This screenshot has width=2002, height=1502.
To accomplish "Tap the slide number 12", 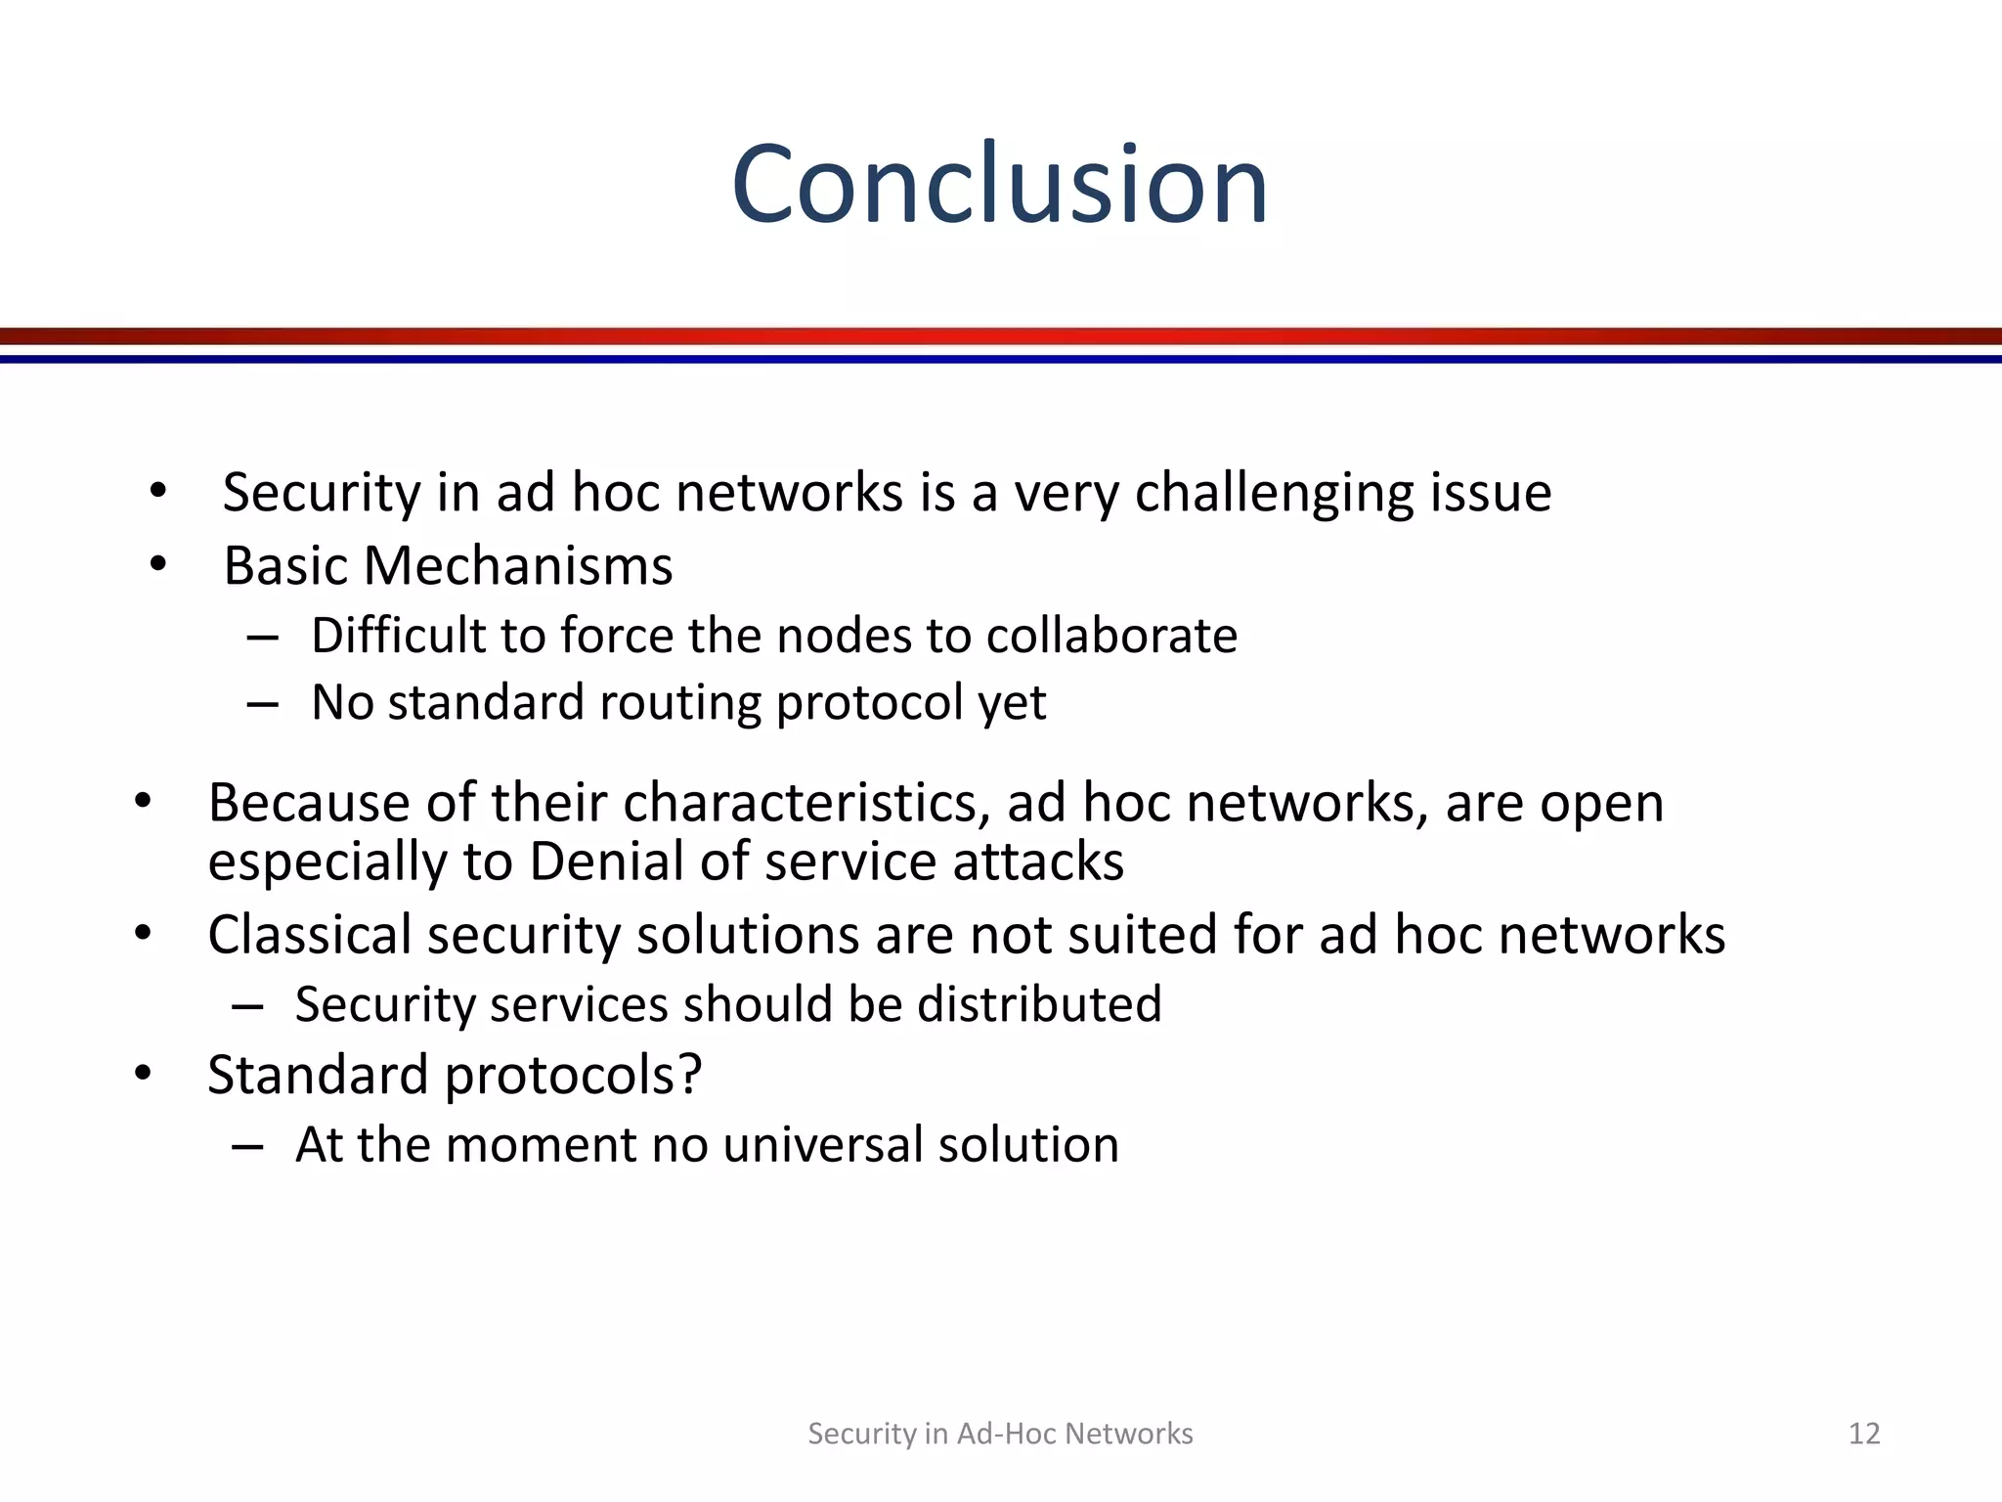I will [x=1864, y=1434].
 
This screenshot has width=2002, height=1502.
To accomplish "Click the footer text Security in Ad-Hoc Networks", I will [x=1000, y=1434].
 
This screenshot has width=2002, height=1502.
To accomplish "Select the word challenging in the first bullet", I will [x=1275, y=493].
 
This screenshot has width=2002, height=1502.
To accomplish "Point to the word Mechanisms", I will [x=518, y=566].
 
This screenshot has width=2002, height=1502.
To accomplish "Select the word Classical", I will [x=309, y=935].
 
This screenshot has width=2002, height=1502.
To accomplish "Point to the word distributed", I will [x=1039, y=1004].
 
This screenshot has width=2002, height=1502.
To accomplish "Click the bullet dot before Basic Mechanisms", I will [x=158, y=564].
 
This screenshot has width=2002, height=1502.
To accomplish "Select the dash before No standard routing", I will [x=263, y=704].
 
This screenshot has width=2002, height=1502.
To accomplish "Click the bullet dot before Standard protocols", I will [x=144, y=1074].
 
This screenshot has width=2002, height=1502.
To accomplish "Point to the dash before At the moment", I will [x=247, y=1146].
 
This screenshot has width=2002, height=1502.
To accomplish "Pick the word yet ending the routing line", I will [x=1012, y=704].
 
